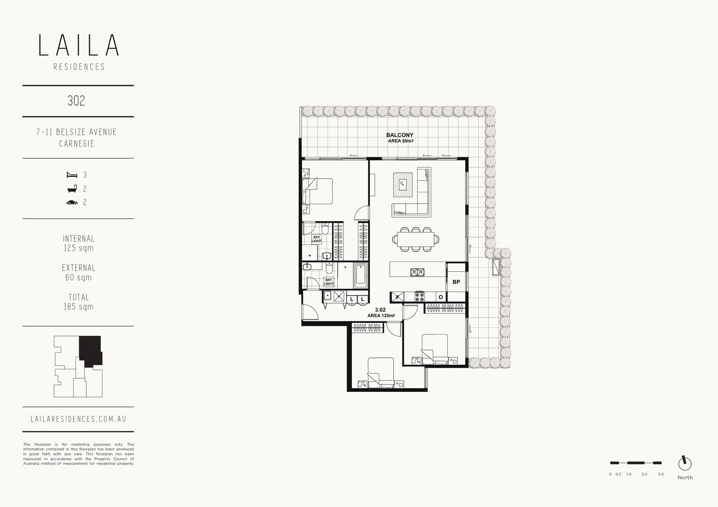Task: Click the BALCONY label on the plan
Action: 399,135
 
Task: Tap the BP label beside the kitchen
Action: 456,282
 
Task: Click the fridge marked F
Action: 397,297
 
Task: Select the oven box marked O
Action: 440,297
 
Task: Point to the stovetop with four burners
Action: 419,297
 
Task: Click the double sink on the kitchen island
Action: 417,272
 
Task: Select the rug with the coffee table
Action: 403,184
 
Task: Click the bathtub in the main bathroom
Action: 360,276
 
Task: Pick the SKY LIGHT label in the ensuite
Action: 317,239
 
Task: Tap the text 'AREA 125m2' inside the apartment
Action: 381,315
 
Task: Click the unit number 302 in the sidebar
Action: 76,101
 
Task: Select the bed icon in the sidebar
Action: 72,175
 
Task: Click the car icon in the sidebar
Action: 72,203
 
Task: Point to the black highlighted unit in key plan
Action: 90,350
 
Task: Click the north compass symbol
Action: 685,463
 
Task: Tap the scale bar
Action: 635,463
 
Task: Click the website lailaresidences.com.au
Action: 78,419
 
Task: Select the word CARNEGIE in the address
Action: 77,144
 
